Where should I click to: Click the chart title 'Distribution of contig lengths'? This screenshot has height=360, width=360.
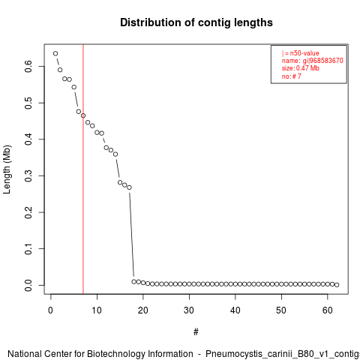click(x=196, y=22)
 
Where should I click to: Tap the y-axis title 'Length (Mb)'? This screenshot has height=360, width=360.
click(x=7, y=169)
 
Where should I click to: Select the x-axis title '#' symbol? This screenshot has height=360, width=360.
click(x=196, y=332)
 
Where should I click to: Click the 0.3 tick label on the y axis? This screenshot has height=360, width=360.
click(x=28, y=175)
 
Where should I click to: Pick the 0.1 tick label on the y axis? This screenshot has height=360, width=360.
click(x=28, y=249)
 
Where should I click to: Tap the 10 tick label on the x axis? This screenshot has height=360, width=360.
click(x=97, y=310)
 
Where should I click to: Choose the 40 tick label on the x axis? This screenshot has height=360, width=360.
click(x=235, y=310)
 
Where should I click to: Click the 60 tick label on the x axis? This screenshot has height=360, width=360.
click(x=328, y=310)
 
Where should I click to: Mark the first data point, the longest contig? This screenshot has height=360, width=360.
click(x=55, y=53)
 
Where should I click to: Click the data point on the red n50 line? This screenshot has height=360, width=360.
click(x=83, y=115)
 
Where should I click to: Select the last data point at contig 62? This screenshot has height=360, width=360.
click(x=337, y=285)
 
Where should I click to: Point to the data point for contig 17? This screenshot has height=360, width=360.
click(x=129, y=187)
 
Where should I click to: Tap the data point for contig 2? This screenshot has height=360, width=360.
click(x=60, y=70)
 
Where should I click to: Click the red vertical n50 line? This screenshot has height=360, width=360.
click(x=83, y=169)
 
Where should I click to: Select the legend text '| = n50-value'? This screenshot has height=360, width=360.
click(x=301, y=53)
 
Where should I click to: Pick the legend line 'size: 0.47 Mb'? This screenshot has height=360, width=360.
click(x=301, y=68)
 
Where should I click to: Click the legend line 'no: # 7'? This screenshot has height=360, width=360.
click(x=292, y=76)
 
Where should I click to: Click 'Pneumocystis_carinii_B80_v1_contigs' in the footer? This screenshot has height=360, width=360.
click(x=283, y=354)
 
